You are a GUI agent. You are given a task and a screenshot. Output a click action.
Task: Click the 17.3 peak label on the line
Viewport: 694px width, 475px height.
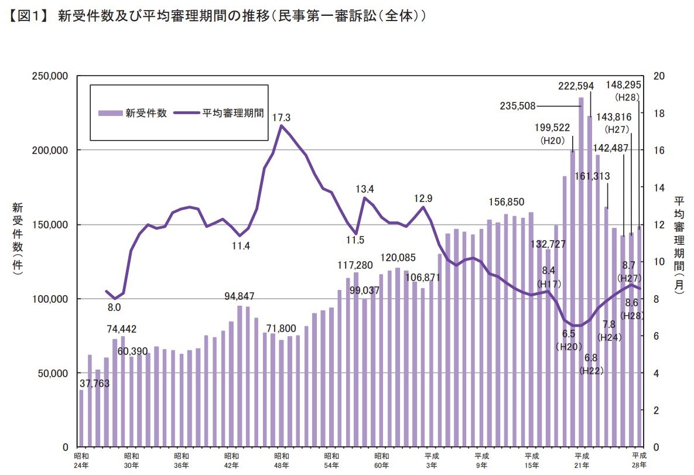pyautogui.click(x=281, y=118)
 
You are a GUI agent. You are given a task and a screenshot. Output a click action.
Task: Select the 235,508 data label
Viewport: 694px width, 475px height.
pyautogui.click(x=518, y=106)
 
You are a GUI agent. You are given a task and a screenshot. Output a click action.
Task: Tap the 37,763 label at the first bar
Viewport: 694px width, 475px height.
pyautogui.click(x=95, y=384)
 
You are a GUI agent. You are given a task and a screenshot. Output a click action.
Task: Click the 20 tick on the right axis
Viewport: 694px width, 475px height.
pyautogui.click(x=658, y=76)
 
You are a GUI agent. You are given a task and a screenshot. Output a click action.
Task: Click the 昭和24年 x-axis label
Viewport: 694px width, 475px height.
pyautogui.click(x=81, y=460)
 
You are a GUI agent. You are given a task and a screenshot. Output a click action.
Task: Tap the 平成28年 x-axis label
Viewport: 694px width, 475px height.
pyautogui.click(x=640, y=460)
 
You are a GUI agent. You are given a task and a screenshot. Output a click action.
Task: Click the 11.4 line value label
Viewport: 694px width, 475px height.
pyautogui.click(x=241, y=246)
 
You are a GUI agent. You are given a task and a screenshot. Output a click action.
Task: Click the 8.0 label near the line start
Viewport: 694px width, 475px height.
pyautogui.click(x=114, y=307)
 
